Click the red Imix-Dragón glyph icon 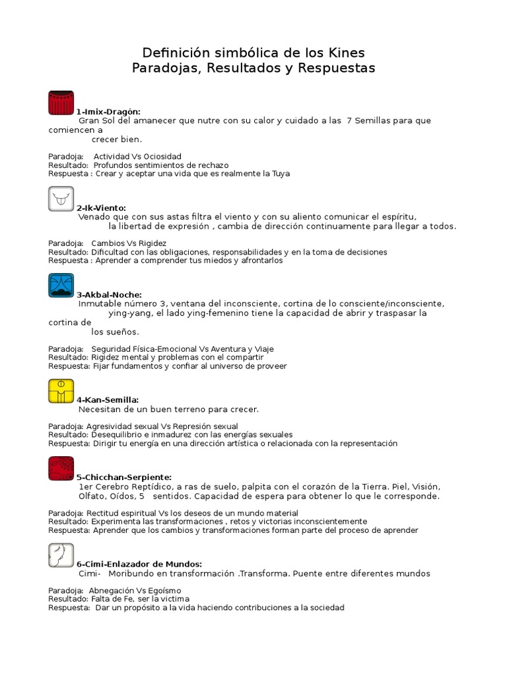pos(61,103)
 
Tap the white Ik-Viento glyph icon pos(61,199)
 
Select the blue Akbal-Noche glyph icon pos(61,285)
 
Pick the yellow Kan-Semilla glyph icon pos(61,391)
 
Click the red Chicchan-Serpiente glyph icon pos(61,468)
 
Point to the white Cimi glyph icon pos(61,555)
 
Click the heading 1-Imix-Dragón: pos(108,112)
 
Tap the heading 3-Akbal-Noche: pos(109,295)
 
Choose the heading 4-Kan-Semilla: pos(107,400)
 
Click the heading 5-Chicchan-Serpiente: pos(123,477)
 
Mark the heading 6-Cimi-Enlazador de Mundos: pos(139,564)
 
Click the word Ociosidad pos(162,157)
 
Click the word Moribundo pos(130,574)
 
